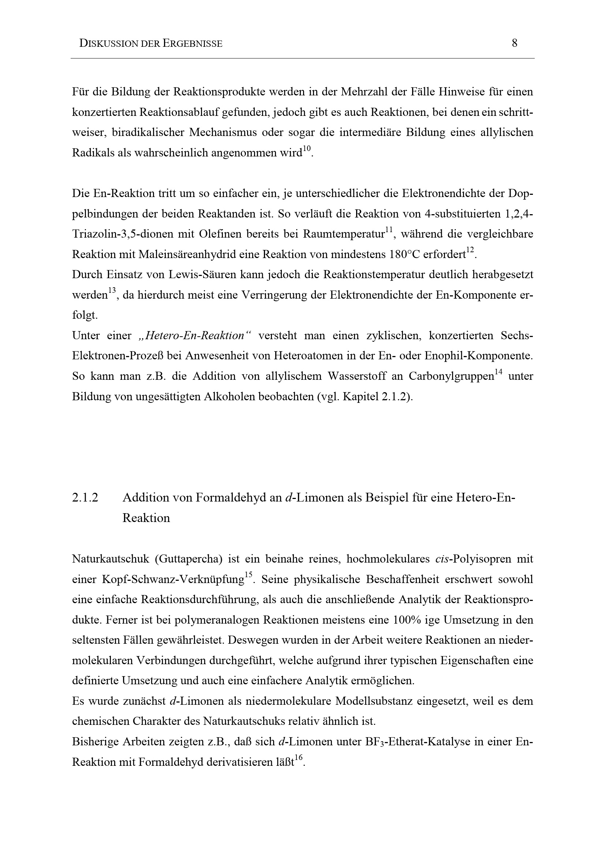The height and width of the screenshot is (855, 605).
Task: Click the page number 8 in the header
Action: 515,43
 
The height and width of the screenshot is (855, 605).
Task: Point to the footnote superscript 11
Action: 389,230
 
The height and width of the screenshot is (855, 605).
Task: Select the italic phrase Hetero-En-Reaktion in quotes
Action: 195,336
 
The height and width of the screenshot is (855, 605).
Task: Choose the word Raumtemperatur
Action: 343,234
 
